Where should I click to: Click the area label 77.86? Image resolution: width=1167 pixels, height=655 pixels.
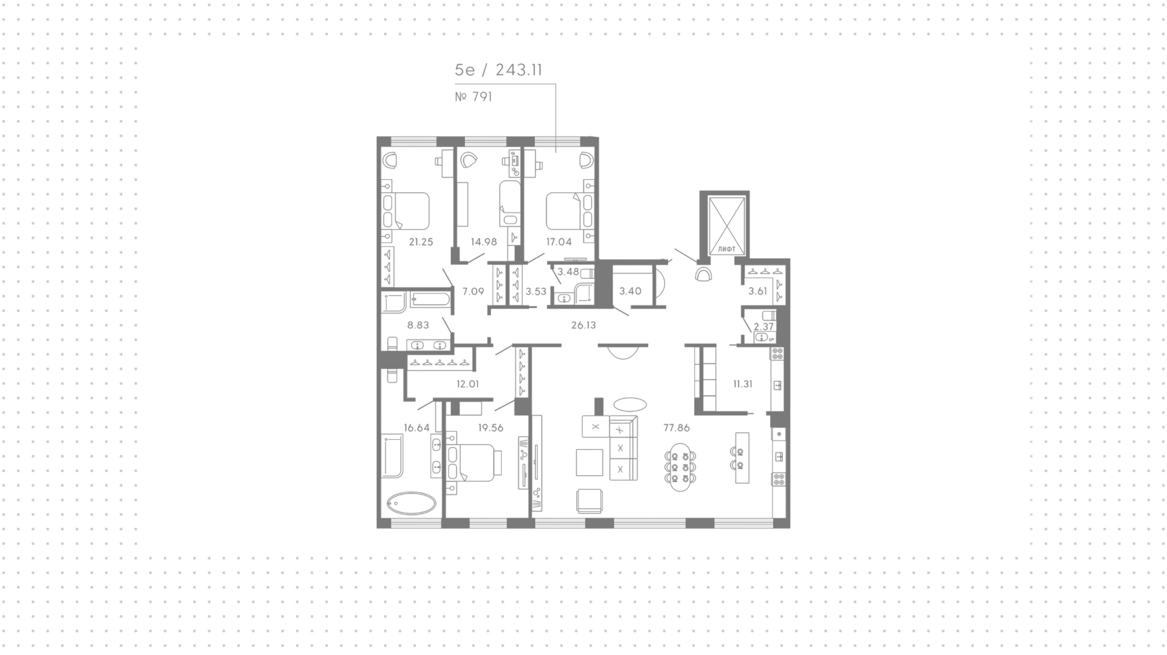click(x=676, y=428)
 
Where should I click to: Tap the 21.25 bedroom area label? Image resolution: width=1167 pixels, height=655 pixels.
click(x=421, y=242)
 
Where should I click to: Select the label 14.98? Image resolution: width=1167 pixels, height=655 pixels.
click(x=484, y=242)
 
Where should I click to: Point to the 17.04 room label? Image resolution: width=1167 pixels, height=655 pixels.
click(x=559, y=242)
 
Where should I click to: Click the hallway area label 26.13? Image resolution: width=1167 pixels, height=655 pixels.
click(x=583, y=325)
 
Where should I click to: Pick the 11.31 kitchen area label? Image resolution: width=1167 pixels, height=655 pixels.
click(x=743, y=384)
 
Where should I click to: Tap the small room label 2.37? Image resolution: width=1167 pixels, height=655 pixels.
click(x=763, y=326)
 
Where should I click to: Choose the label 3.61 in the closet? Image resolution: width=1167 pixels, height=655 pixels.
click(x=757, y=291)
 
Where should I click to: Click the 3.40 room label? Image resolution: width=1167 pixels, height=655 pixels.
click(x=630, y=291)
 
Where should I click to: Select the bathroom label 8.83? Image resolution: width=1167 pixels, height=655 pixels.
click(x=418, y=325)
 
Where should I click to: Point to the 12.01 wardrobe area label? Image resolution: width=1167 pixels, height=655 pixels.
click(x=468, y=384)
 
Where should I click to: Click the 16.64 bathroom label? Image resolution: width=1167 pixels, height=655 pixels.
click(x=416, y=428)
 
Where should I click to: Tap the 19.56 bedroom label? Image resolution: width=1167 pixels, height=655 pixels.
click(x=491, y=428)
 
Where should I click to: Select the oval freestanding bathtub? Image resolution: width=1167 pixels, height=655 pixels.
click(x=411, y=503)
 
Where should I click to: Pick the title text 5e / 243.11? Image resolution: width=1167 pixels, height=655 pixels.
click(x=498, y=70)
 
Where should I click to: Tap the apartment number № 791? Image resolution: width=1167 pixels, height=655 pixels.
click(x=473, y=97)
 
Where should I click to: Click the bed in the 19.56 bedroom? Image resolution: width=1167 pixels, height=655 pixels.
click(x=474, y=463)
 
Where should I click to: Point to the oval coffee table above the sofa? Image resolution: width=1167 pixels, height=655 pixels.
click(x=630, y=404)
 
